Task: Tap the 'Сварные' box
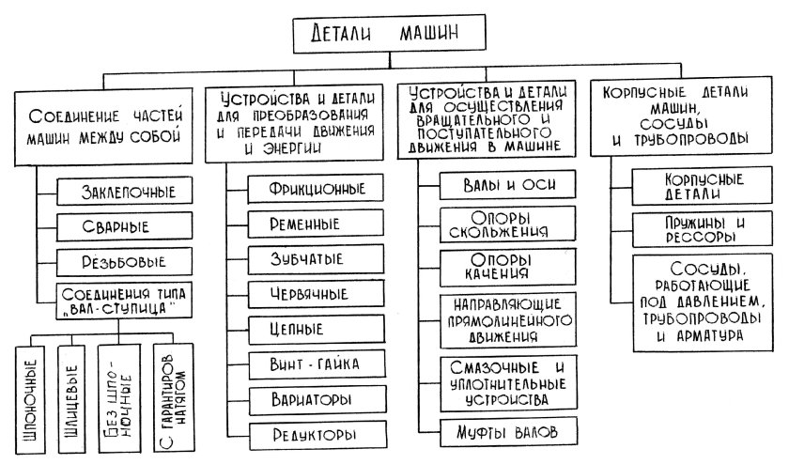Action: click(x=117, y=226)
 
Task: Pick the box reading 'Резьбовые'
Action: click(x=117, y=260)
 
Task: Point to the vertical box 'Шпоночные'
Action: click(x=30, y=394)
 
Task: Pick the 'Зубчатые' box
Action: click(x=306, y=258)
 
